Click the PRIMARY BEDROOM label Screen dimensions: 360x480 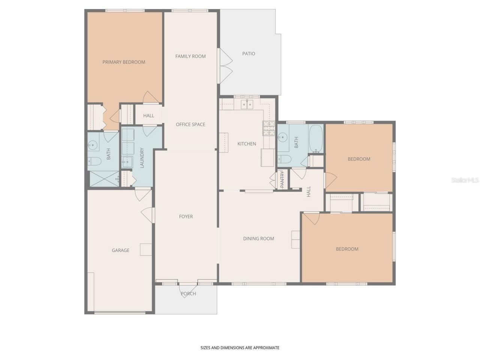[x=124, y=62]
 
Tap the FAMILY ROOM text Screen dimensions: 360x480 [x=190, y=56]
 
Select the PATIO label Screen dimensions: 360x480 [x=249, y=54]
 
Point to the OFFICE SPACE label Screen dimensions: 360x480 [x=190, y=124]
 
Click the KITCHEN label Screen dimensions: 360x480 [x=247, y=144]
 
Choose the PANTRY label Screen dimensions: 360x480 [x=282, y=180]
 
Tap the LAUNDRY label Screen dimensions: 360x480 [x=142, y=158]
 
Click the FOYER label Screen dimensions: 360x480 [x=186, y=216]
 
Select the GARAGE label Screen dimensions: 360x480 [x=120, y=250]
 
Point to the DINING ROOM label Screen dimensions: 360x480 [x=258, y=238]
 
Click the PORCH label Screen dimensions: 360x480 [x=188, y=294]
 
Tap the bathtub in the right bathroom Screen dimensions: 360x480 [x=316, y=139]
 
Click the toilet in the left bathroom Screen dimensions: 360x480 [x=94, y=162]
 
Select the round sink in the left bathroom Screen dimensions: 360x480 [x=92, y=145]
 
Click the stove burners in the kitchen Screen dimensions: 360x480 [x=269, y=128]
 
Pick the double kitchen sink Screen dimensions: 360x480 [x=247, y=104]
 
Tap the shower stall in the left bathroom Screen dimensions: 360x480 [x=104, y=179]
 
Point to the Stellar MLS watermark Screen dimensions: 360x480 [x=465, y=180]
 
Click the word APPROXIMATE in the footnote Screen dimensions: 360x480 [x=266, y=348]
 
